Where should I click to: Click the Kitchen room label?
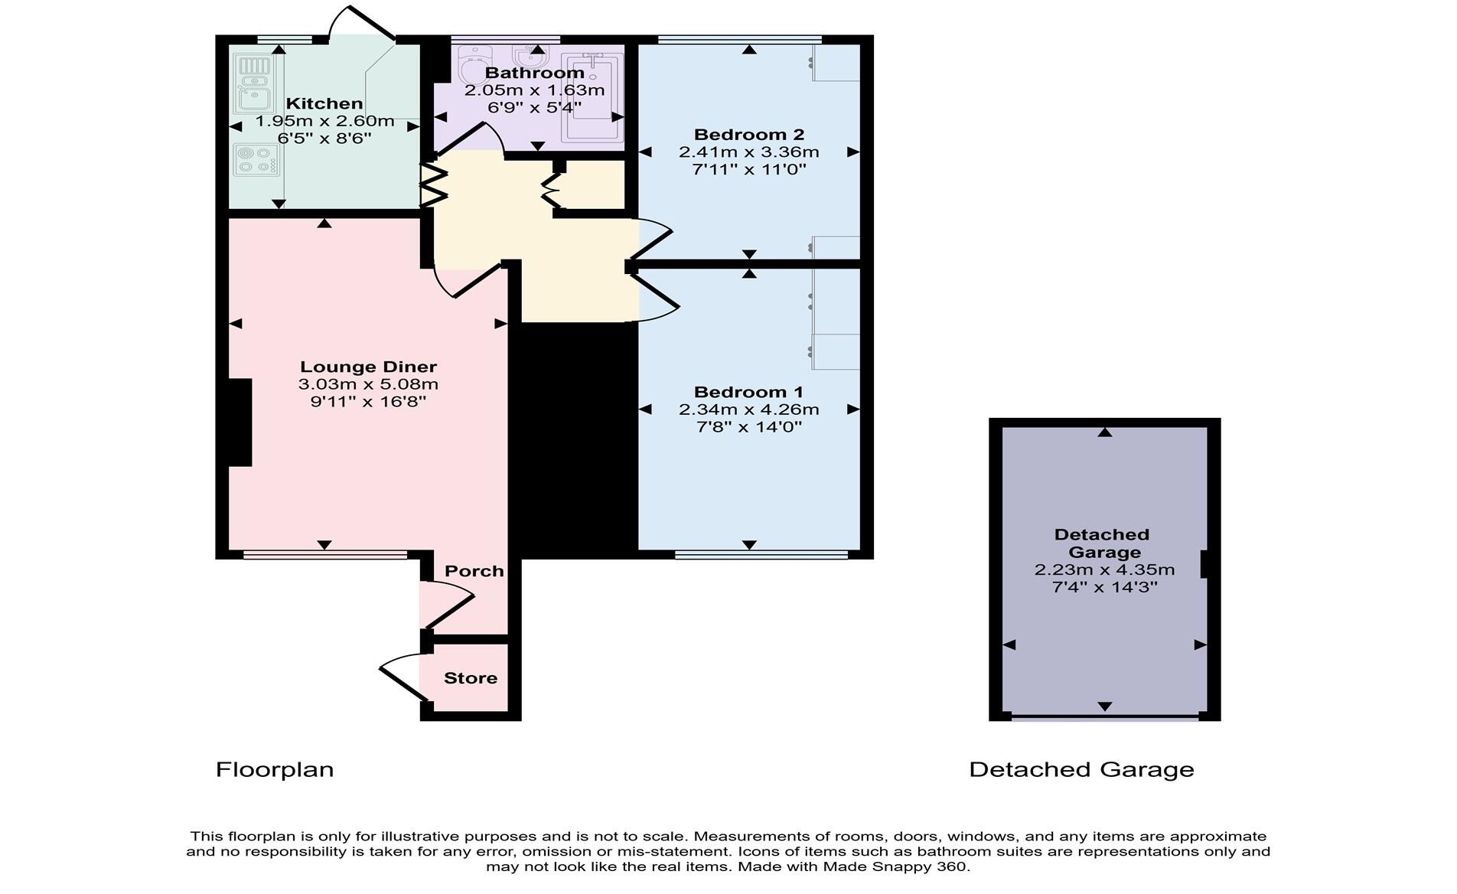(x=324, y=103)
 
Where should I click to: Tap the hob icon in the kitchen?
(x=256, y=159)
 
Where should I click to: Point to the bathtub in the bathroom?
(x=592, y=97)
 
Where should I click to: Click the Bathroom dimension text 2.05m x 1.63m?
(x=534, y=90)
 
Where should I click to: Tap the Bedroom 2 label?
(x=748, y=135)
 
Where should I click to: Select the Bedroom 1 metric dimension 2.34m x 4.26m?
(x=748, y=409)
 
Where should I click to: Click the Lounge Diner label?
(x=368, y=367)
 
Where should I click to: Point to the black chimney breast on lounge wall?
(x=240, y=422)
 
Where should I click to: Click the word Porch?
(x=474, y=571)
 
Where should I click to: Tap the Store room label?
(x=470, y=678)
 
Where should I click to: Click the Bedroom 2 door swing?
(x=655, y=237)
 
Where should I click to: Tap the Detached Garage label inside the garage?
(x=1102, y=543)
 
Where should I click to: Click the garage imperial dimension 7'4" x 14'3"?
(x=1104, y=588)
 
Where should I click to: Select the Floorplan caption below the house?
(x=275, y=769)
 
